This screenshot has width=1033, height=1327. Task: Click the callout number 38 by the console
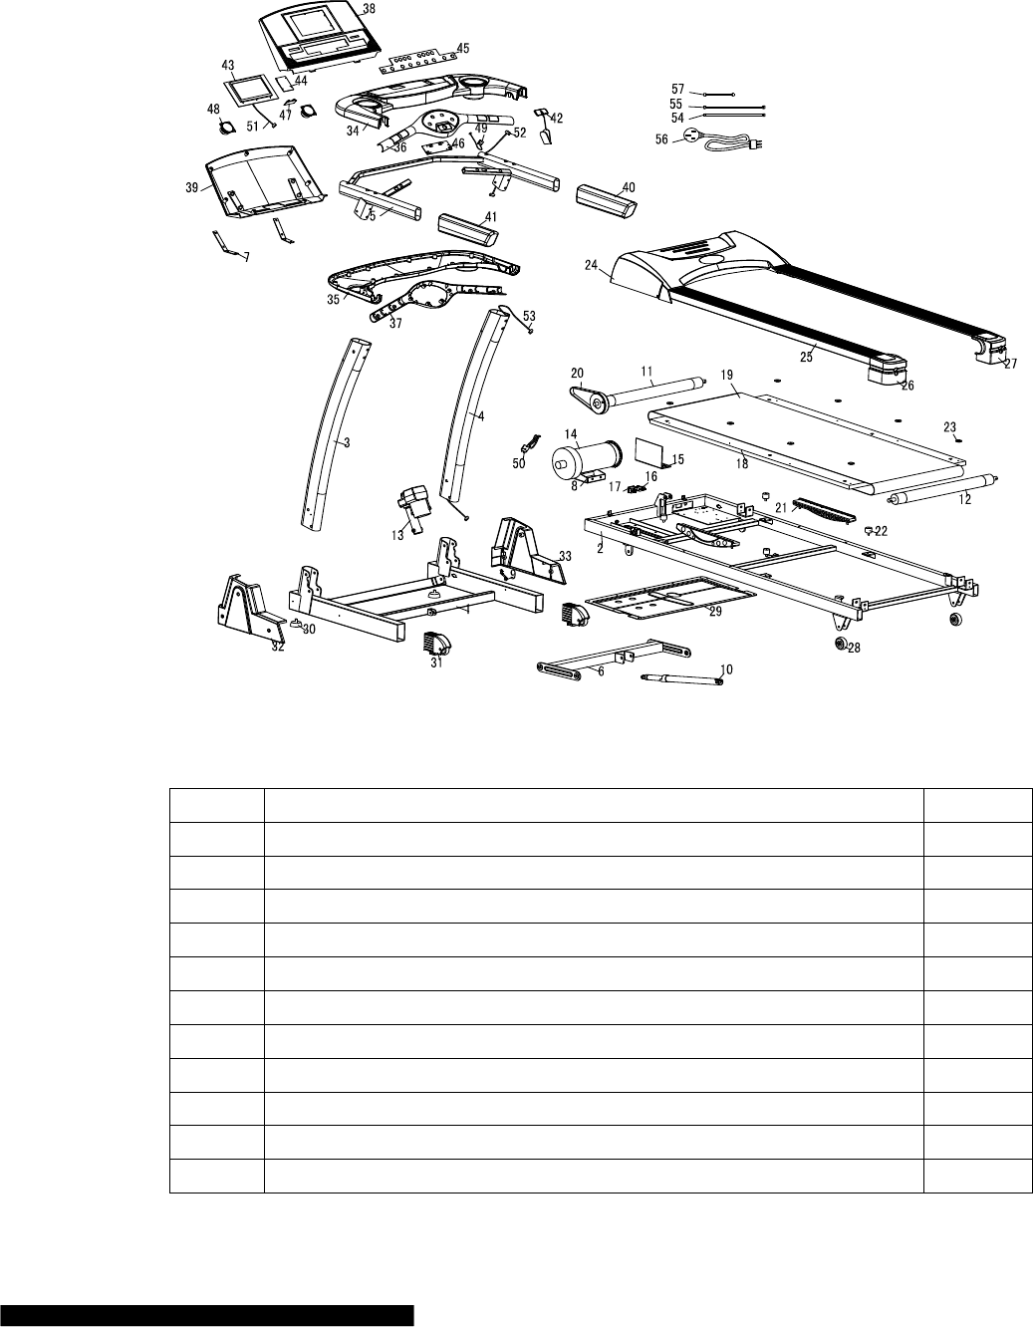(342, 8)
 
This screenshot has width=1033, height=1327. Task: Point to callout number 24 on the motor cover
(591, 266)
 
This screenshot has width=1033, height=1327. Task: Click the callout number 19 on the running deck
(727, 375)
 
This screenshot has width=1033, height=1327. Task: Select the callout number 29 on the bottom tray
(714, 613)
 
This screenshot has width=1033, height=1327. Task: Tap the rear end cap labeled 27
(990, 349)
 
